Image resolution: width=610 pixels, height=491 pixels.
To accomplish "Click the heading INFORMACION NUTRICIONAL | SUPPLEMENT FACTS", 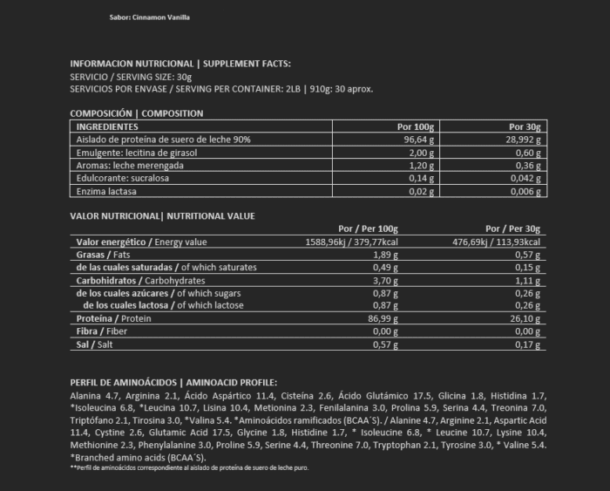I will point(180,64).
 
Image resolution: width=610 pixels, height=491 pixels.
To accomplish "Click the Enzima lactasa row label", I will point(107,191).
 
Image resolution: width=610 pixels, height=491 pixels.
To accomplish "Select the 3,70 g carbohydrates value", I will point(384,281).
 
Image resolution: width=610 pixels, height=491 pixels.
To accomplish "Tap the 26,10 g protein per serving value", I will point(525,320).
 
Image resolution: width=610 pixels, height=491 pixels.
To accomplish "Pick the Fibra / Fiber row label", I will point(104,333).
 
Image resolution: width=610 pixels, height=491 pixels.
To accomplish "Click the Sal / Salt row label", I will point(96,346).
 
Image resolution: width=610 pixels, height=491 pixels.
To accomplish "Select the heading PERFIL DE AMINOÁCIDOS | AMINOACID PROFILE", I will point(173,382).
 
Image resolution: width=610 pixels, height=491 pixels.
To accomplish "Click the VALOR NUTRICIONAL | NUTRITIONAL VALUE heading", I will point(162,215).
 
